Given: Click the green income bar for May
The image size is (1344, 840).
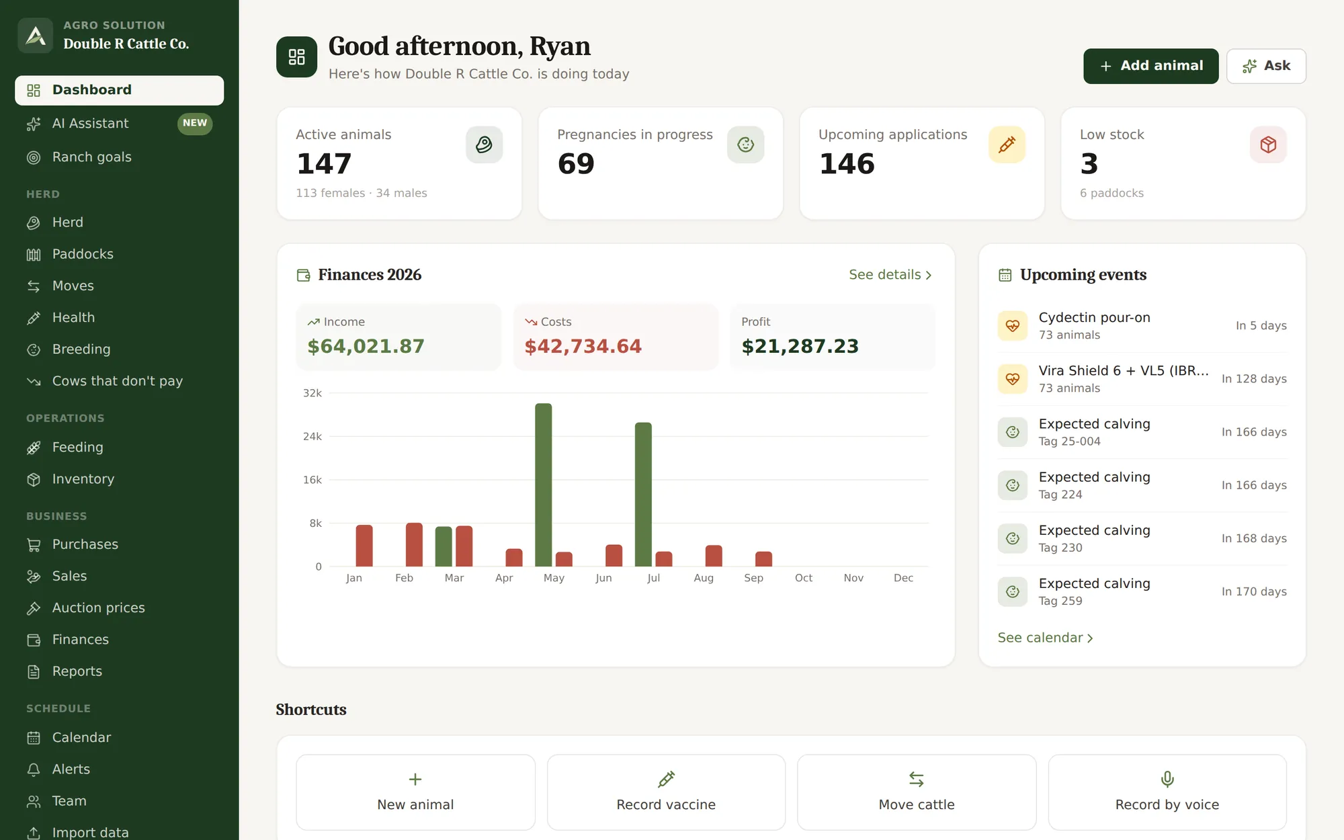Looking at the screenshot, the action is pyautogui.click(x=543, y=485).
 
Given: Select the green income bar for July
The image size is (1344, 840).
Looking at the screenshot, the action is pyautogui.click(x=643, y=494).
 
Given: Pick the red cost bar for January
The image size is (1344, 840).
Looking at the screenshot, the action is pyautogui.click(x=364, y=546).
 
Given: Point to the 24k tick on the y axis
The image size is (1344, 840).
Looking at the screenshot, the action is pyautogui.click(x=312, y=436).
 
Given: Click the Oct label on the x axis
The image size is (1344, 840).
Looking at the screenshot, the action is pyautogui.click(x=804, y=578).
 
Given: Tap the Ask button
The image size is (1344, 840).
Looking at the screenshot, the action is pyautogui.click(x=1266, y=66).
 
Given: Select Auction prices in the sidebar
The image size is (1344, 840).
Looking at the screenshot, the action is pyautogui.click(x=99, y=607).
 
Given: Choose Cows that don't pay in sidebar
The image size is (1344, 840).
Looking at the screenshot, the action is pyautogui.click(x=118, y=381).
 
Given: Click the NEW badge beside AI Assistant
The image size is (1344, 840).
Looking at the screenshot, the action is pyautogui.click(x=195, y=123).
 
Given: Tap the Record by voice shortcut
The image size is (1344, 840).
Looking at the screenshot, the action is pyautogui.click(x=1167, y=792).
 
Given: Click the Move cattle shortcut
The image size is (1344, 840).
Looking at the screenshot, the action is pyautogui.click(x=917, y=792).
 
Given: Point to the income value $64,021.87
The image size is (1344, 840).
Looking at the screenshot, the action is pyautogui.click(x=366, y=346).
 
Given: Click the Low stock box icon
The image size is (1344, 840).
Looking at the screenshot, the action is pyautogui.click(x=1268, y=144).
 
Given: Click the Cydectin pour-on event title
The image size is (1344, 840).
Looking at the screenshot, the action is pyautogui.click(x=1095, y=317).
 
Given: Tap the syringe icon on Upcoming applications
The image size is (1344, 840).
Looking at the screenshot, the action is pyautogui.click(x=1007, y=144).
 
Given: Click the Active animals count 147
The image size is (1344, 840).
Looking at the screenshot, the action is pyautogui.click(x=325, y=164).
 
